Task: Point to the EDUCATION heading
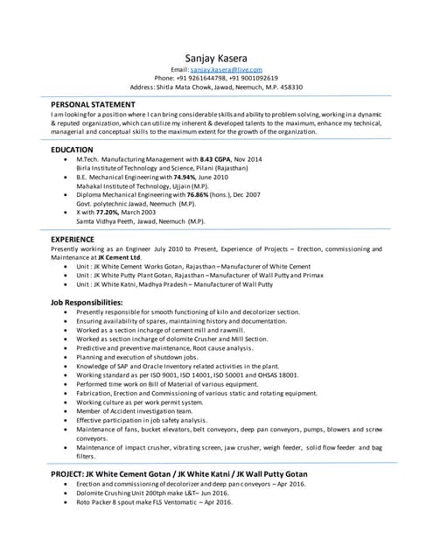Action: pos(73,150)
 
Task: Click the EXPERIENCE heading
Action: pos(73,238)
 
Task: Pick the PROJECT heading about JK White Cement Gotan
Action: pos(179,473)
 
